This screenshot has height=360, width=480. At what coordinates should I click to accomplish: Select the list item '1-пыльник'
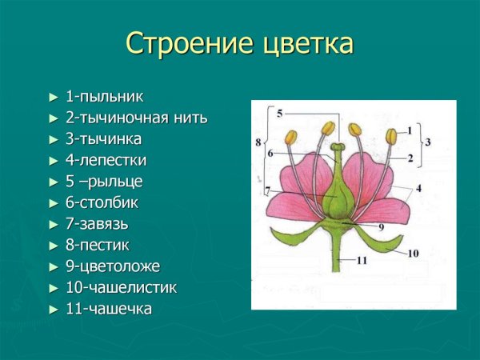point(104,97)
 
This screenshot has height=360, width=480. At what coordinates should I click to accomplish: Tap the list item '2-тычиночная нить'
point(136,118)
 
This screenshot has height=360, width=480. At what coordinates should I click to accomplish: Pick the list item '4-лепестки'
point(106,160)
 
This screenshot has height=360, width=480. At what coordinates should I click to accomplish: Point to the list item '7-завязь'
point(97,223)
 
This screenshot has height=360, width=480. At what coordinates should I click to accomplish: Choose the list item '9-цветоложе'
point(112,266)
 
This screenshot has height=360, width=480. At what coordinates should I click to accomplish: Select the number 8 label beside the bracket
point(258,142)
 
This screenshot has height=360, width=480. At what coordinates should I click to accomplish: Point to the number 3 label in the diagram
point(429,142)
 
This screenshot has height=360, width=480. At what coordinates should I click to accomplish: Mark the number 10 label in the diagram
point(413,254)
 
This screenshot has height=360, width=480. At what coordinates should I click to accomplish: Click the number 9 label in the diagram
point(381,226)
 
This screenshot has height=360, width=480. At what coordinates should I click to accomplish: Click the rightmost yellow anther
point(391,137)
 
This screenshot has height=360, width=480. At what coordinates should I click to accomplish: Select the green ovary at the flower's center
point(340,198)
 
